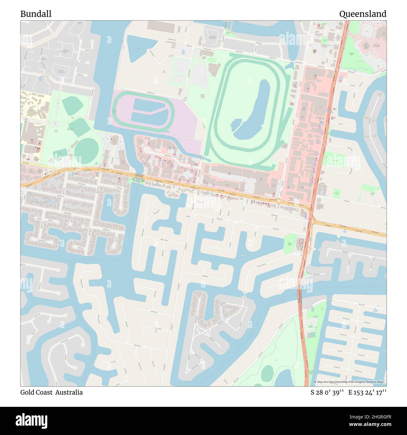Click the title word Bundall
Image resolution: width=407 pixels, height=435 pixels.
click(x=36, y=14)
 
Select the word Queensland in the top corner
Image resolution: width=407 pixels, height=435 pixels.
click(x=363, y=14)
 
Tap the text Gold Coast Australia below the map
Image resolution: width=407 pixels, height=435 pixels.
click(x=52, y=392)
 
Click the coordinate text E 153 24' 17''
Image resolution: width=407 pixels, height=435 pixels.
click(x=367, y=392)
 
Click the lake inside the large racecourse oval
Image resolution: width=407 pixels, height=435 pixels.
click(x=254, y=113)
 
